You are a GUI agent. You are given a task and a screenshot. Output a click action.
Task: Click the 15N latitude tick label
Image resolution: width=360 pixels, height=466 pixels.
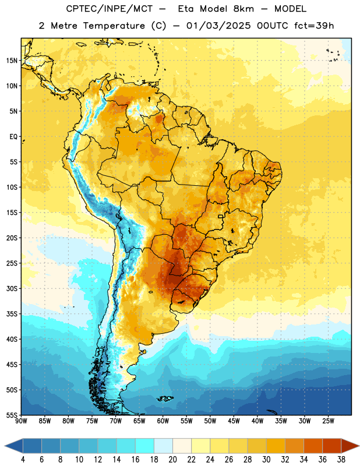(x=12, y=61)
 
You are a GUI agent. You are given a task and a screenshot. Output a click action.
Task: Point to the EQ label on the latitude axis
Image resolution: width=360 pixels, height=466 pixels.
(x=13, y=137)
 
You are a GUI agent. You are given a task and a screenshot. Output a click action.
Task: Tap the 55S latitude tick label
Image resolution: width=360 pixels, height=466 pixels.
(x=12, y=415)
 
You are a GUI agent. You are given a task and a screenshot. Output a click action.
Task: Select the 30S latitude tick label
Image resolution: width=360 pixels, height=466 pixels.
(x=12, y=288)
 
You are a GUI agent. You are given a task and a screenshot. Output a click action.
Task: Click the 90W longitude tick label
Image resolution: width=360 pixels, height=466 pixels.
(x=21, y=421)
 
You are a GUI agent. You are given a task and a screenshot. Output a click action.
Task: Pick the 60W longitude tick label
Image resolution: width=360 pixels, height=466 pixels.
(x=163, y=421)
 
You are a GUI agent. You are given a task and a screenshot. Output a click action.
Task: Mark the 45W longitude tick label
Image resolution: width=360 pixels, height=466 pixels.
(x=234, y=421)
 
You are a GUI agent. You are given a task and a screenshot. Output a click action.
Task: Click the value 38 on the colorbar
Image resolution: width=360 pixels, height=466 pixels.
(x=341, y=460)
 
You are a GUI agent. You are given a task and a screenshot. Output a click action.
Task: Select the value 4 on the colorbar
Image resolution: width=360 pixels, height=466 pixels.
(x=23, y=460)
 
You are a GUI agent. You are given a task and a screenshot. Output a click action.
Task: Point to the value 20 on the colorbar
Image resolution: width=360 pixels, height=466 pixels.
(x=172, y=460)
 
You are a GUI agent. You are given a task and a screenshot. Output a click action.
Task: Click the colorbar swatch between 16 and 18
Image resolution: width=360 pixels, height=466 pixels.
(x=145, y=446)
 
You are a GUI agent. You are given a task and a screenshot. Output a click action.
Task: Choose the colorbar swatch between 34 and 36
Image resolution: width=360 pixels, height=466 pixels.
(x=313, y=446)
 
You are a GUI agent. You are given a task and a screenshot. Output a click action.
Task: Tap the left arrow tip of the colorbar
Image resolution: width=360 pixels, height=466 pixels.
(x=5, y=446)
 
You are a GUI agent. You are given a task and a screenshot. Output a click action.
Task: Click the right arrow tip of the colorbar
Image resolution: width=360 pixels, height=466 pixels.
(x=359, y=446)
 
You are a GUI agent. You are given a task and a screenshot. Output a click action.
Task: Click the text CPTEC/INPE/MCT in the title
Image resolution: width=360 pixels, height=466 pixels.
(x=110, y=9)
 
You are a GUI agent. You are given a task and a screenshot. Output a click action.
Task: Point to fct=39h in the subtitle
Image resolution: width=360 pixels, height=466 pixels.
(x=314, y=26)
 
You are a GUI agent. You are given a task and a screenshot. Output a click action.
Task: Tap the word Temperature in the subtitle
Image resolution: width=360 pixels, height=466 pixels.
(x=114, y=26)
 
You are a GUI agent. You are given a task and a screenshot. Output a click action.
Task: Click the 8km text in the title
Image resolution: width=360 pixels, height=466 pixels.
(x=243, y=9)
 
